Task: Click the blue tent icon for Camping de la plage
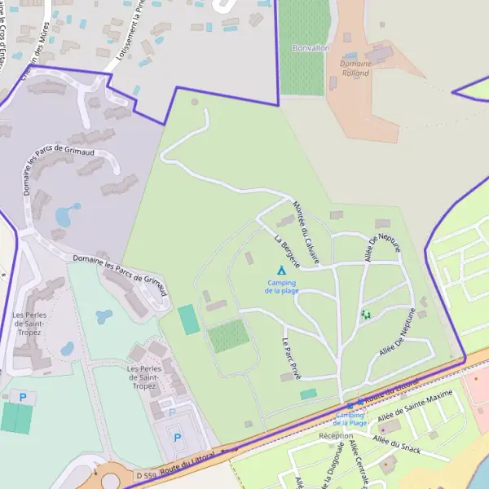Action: [x=281, y=270]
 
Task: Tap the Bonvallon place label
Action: [x=310, y=48]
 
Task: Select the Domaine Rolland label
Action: [x=355, y=68]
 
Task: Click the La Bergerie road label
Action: [x=287, y=252]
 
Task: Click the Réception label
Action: [x=337, y=436]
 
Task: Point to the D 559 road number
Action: [x=146, y=474]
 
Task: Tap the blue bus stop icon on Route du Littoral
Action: [x=350, y=405]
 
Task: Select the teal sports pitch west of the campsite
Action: [x=189, y=319]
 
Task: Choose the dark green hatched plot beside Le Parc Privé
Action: [x=228, y=336]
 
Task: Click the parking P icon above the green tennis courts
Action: [x=23, y=397]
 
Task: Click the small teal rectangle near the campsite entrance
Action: [x=308, y=394]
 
